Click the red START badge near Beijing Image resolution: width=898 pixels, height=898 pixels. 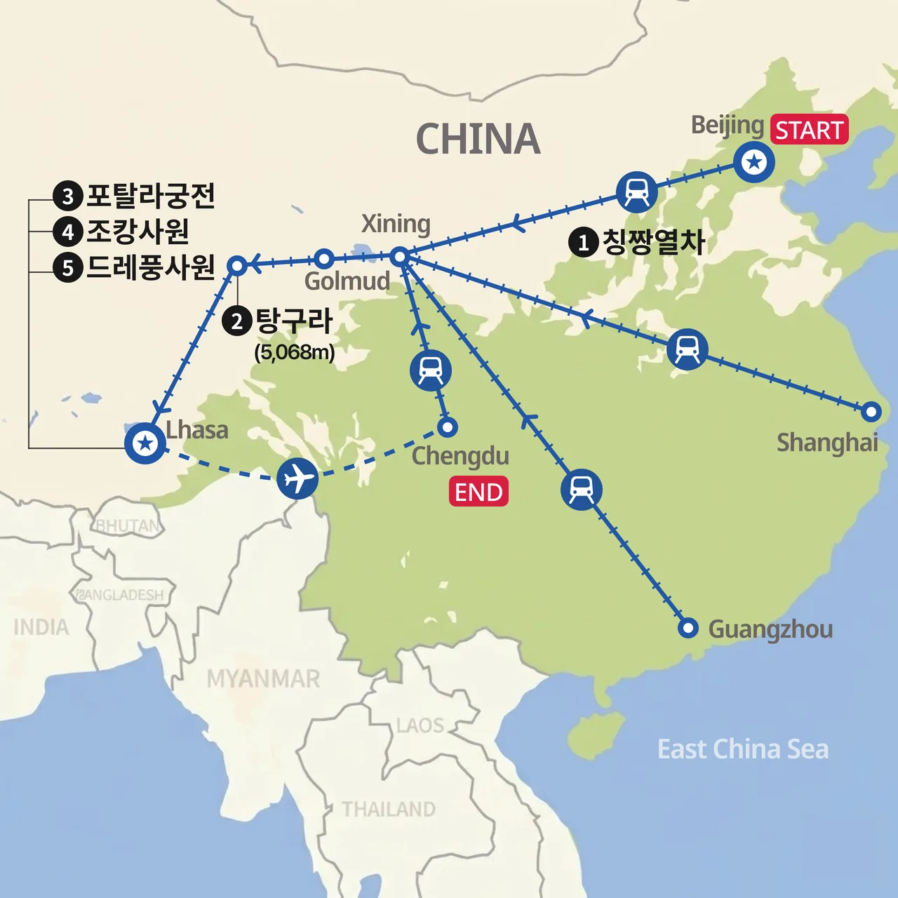(x=810, y=130)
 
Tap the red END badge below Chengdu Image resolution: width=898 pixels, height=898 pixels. (x=478, y=492)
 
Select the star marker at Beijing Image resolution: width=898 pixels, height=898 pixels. (x=754, y=163)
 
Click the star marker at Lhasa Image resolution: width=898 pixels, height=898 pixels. (x=145, y=443)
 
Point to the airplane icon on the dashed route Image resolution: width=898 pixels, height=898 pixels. (x=297, y=478)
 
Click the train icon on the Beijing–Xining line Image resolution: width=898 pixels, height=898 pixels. (x=637, y=191)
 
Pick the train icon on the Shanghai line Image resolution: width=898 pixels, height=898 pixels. (x=687, y=349)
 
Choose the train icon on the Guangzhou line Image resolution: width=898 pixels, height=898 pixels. (x=582, y=489)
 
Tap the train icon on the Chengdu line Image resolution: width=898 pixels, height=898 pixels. (x=431, y=370)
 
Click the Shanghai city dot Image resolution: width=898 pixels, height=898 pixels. (x=871, y=412)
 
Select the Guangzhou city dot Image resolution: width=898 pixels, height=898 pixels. (x=688, y=627)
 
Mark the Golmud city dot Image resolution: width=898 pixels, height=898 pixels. (x=323, y=259)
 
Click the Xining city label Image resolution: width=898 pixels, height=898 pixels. (x=396, y=224)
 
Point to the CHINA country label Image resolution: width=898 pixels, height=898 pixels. (x=478, y=139)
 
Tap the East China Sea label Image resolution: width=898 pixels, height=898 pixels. (x=743, y=749)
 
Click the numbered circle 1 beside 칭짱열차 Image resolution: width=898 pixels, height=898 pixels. (x=583, y=243)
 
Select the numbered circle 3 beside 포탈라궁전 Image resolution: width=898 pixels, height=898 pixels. (x=68, y=196)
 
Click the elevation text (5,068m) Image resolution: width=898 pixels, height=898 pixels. (x=295, y=352)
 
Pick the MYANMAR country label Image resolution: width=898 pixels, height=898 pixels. (x=263, y=678)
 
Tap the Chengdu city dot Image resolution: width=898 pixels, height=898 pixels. (x=447, y=427)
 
